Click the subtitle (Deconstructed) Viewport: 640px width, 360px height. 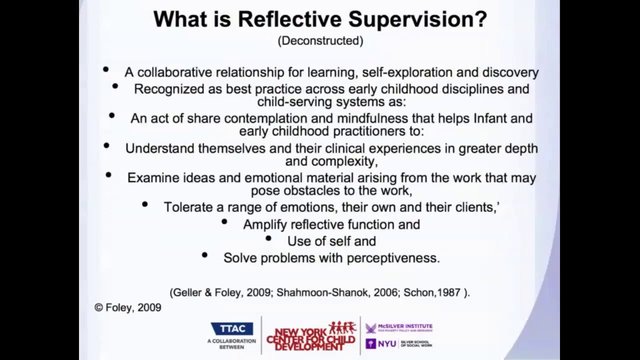click(x=320, y=41)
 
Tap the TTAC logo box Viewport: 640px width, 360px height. click(x=232, y=328)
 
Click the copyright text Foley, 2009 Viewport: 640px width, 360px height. click(x=128, y=307)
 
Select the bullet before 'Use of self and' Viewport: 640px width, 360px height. click(x=268, y=238)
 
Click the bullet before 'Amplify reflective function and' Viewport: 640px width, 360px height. click(x=224, y=221)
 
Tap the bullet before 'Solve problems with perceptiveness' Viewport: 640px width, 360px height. click(x=204, y=255)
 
